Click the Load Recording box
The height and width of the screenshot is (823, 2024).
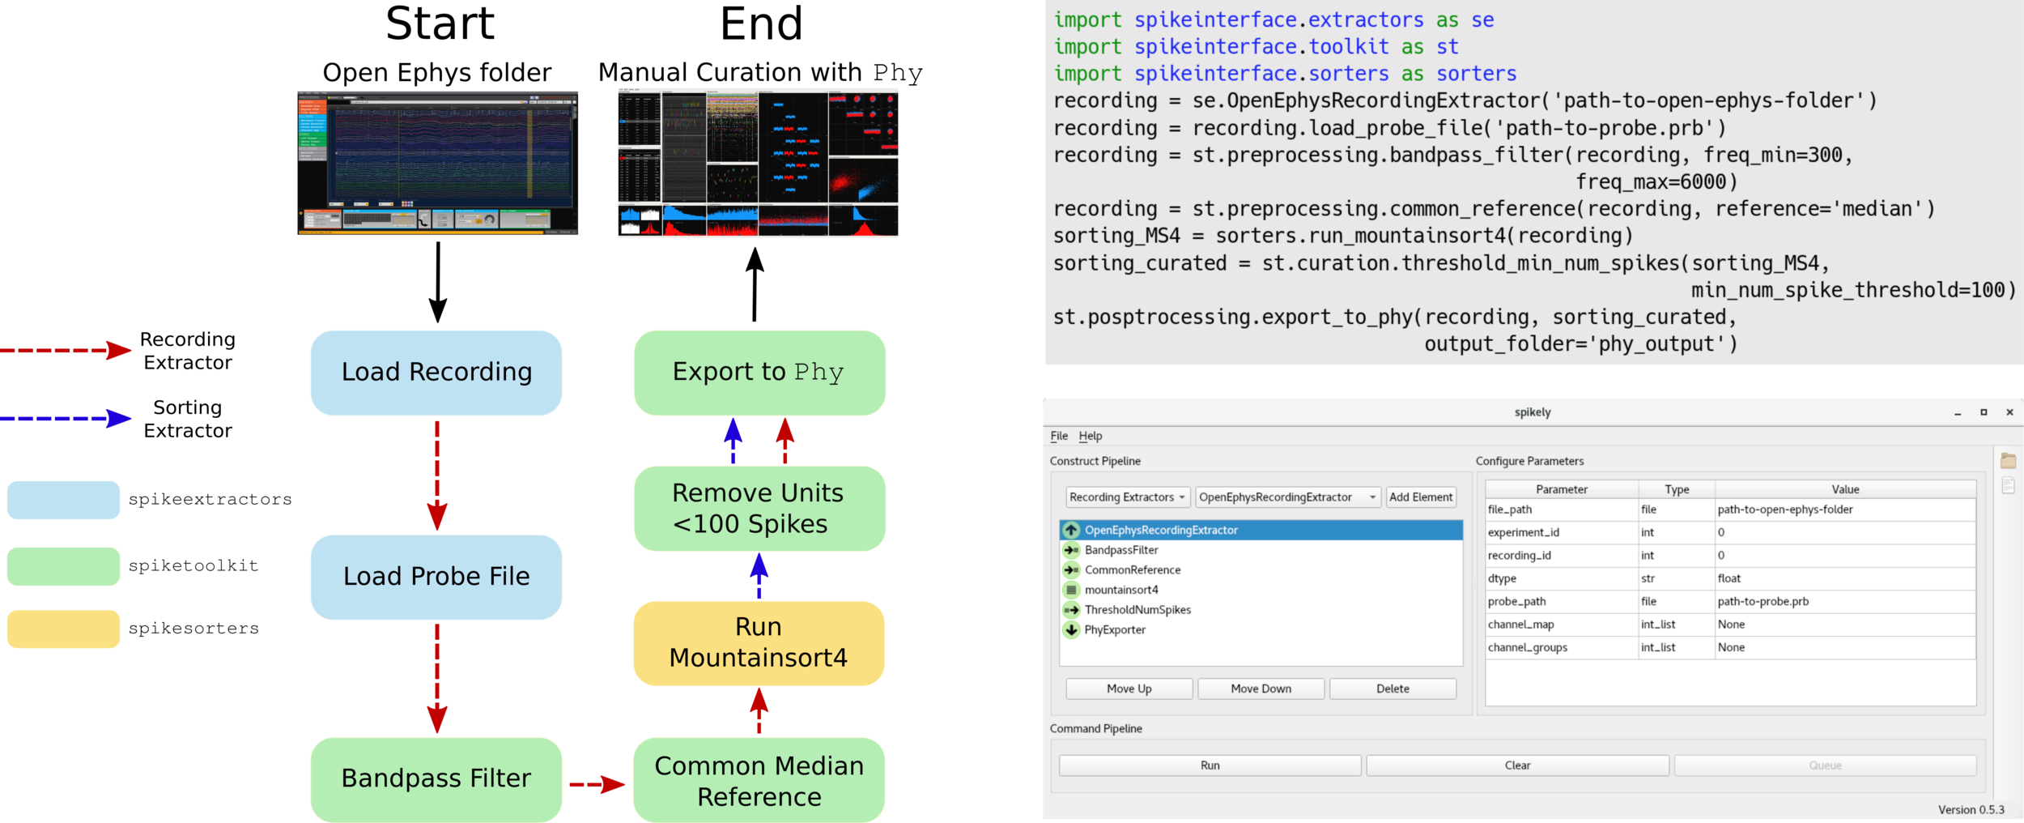coord(436,372)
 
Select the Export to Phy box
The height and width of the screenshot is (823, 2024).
coord(759,372)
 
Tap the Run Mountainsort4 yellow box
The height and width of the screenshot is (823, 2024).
coord(759,642)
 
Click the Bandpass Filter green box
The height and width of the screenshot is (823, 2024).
coord(436,778)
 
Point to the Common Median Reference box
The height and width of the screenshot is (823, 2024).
coord(759,781)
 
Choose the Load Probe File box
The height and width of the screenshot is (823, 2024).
coord(436,576)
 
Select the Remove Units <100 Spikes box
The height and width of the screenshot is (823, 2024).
coord(759,508)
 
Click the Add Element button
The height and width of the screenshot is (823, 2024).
coord(1421,497)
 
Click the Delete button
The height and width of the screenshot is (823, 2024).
coord(1393,689)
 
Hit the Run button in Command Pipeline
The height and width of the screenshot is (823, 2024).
coord(1210,765)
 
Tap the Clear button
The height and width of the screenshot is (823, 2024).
coord(1517,765)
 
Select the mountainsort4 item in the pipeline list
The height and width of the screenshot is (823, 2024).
coord(1121,590)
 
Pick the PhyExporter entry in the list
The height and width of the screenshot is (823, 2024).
coord(1115,629)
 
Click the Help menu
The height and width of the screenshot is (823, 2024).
coord(1090,436)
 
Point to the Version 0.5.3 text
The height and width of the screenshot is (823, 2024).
coord(1971,809)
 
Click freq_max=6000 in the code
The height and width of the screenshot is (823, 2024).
coord(1656,182)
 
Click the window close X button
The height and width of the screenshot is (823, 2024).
coord(2009,412)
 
